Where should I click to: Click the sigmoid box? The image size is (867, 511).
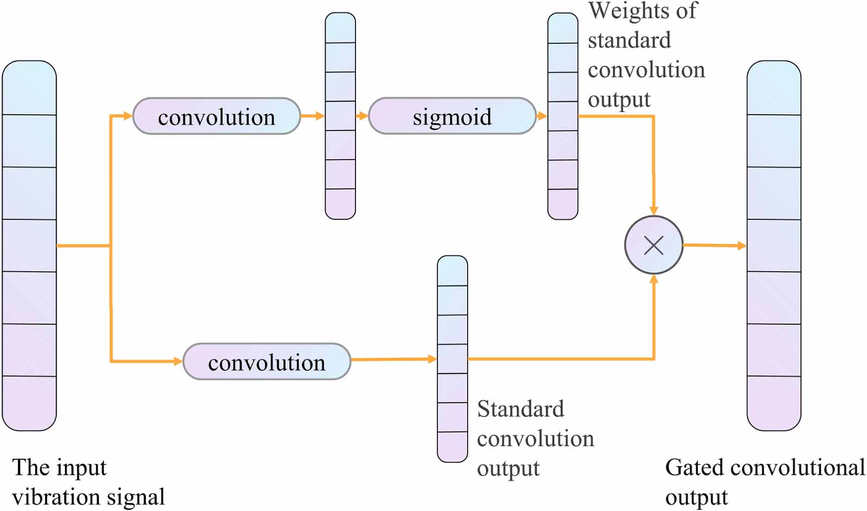pos(452,116)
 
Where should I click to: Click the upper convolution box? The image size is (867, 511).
pos(216,116)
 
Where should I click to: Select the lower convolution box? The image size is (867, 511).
pos(267,362)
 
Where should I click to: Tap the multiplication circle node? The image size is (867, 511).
pos(654,245)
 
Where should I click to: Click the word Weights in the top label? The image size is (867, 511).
pos(624,11)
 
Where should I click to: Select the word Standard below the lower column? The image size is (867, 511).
pos(520,409)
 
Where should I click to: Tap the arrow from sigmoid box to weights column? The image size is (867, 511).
pos(541,116)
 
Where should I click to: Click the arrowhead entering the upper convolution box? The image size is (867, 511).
pos(127,116)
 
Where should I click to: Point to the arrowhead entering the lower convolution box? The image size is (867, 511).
pos(178,361)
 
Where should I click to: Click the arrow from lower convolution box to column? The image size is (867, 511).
pos(393,359)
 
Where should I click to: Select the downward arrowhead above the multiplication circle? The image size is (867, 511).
pos(654,211)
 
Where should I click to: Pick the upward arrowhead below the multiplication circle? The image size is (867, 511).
pos(654,280)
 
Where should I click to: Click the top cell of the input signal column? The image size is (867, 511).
pos(29,88)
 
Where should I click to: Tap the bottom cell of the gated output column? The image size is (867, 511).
pos(774,403)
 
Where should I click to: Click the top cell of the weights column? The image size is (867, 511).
pos(562,28)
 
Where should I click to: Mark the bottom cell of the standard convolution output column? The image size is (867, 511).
pos(452,447)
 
